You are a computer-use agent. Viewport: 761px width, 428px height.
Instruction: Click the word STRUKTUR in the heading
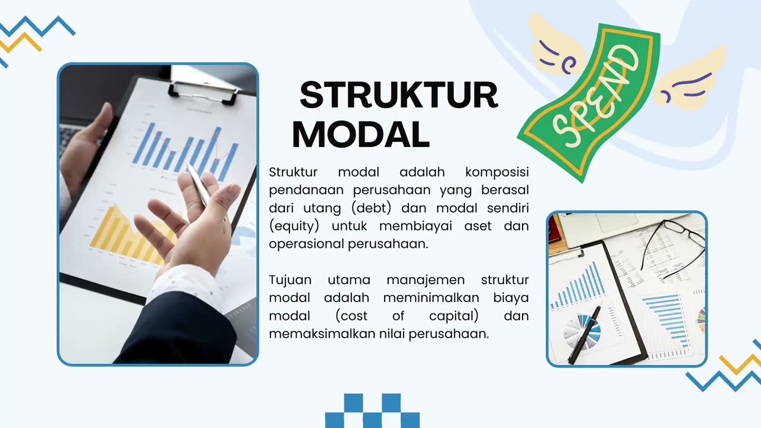(398, 96)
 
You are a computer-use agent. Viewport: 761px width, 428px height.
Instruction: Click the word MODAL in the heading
(360, 135)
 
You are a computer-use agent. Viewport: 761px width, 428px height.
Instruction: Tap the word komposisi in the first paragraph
(496, 172)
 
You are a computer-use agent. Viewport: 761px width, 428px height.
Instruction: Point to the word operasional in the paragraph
(306, 244)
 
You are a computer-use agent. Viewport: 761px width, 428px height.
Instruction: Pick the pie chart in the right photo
(580, 330)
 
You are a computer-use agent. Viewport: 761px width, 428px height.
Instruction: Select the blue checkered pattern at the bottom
(372, 410)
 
